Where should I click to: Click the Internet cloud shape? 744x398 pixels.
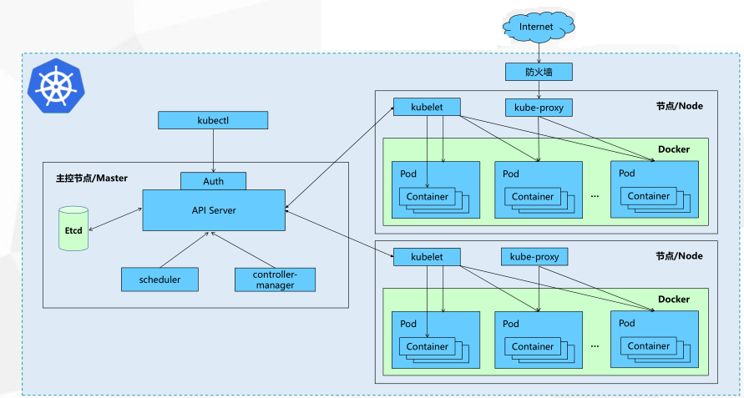tap(539, 27)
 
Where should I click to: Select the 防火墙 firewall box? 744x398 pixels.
tap(539, 72)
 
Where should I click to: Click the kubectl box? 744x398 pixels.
tap(213, 120)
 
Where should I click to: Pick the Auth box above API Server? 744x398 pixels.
tap(213, 181)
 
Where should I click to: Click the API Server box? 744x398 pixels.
tap(214, 210)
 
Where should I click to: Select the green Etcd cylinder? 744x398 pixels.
tap(73, 228)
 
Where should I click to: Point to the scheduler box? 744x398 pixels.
tap(159, 280)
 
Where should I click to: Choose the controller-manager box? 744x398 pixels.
tap(276, 280)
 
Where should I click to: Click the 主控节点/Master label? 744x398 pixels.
tap(92, 179)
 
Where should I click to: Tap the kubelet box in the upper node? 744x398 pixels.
tap(427, 107)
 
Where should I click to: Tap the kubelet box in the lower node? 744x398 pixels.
tap(427, 257)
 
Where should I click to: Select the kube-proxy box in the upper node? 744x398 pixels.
tap(539, 108)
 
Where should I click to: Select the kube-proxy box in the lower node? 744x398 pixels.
tap(534, 257)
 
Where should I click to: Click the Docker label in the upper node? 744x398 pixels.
tap(674, 149)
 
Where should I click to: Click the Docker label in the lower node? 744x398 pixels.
tap(674, 300)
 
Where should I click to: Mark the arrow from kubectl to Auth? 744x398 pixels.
tap(213, 150)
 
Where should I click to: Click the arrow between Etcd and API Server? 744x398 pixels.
tap(115, 219)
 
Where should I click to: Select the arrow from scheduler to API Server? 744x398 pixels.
tap(185, 249)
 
